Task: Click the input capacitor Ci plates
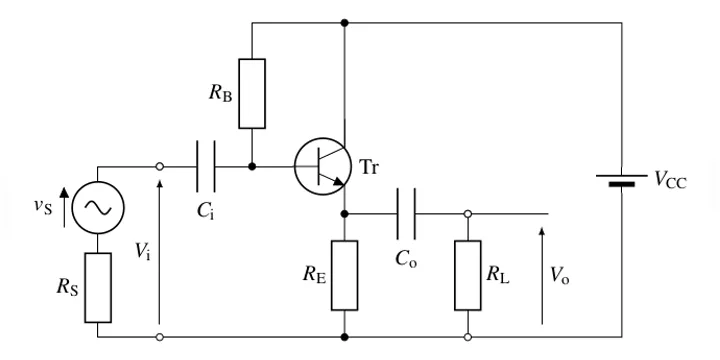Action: pyautogui.click(x=206, y=166)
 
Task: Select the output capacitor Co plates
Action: pyautogui.click(x=406, y=214)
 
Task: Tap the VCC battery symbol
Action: pyautogui.click(x=622, y=180)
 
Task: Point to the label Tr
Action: pyautogui.click(x=369, y=167)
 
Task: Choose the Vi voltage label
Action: pyautogui.click(x=142, y=251)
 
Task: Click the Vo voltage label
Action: pyautogui.click(x=560, y=275)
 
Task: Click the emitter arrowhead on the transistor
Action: pyautogui.click(x=338, y=182)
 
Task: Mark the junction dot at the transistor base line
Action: pyautogui.click(x=252, y=166)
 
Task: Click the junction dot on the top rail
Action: pyautogui.click(x=344, y=22)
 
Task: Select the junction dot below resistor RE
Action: pyautogui.click(x=344, y=337)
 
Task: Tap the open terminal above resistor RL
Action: pyautogui.click(x=468, y=214)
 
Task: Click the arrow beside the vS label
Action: pyautogui.click(x=64, y=208)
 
